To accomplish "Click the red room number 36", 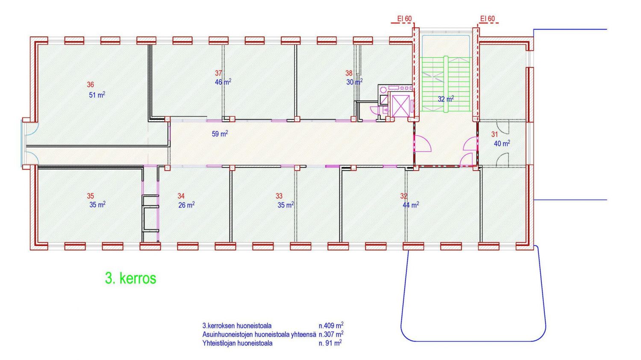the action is (91, 85).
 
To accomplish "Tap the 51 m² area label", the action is (97, 95).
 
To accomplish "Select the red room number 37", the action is (219, 73).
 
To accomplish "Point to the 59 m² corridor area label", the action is (220, 134).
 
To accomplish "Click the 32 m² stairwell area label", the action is (446, 99).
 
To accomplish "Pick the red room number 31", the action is (494, 134).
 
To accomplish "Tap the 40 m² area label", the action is (502, 143).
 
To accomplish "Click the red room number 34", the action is (181, 196).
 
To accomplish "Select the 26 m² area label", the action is (187, 205).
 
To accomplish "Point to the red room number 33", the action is (279, 196).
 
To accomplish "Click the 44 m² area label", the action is (411, 205).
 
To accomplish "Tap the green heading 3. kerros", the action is (131, 278).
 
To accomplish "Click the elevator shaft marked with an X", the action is (400, 106).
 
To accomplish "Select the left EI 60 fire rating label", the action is (404, 19).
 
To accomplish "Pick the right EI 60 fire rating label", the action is (487, 19).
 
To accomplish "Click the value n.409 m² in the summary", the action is (331, 325).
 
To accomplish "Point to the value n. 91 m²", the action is (330, 343).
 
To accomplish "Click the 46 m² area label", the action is (223, 82).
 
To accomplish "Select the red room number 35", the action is (91, 196).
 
